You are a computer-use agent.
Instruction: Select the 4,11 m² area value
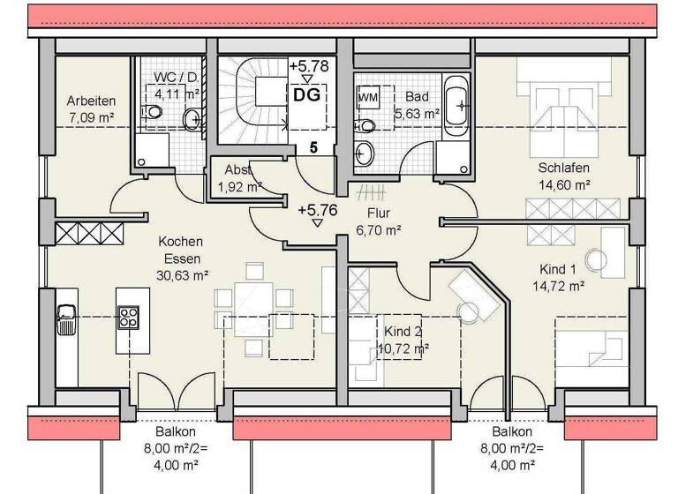(175, 92)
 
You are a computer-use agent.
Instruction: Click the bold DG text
(307, 94)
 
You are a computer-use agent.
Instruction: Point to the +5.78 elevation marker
(308, 66)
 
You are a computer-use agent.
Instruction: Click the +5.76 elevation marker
(317, 210)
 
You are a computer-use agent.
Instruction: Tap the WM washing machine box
(368, 95)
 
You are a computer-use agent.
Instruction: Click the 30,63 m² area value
(182, 274)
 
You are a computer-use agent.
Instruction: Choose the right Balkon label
(513, 432)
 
